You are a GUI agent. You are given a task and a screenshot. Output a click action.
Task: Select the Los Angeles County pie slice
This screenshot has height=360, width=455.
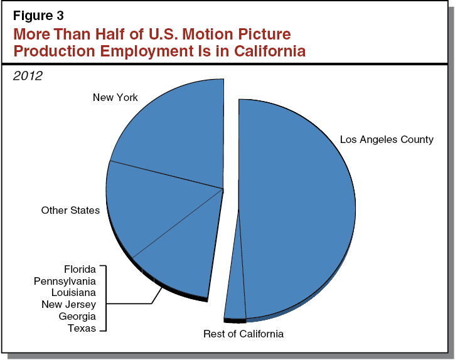click(x=295, y=207)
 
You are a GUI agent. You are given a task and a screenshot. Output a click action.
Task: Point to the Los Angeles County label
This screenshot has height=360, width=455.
click(x=387, y=139)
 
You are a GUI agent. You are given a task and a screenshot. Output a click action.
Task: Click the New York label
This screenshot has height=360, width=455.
click(x=115, y=97)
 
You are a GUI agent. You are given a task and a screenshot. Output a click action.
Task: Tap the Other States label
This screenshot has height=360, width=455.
click(x=70, y=210)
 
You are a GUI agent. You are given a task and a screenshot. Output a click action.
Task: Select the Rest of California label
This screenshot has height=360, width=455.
click(x=244, y=334)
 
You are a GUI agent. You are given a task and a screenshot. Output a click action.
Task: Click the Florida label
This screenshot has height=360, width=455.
click(x=80, y=269)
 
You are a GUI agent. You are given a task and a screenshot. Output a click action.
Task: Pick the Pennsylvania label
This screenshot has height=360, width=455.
click(x=65, y=281)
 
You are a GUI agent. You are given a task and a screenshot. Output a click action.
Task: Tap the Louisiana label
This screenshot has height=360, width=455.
click(x=73, y=292)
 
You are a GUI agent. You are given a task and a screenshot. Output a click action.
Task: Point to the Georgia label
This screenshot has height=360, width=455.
click(x=77, y=316)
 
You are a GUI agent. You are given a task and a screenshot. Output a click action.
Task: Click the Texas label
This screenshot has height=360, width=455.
click(x=82, y=327)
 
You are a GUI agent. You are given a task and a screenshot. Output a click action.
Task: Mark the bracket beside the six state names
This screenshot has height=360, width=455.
click(x=105, y=299)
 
